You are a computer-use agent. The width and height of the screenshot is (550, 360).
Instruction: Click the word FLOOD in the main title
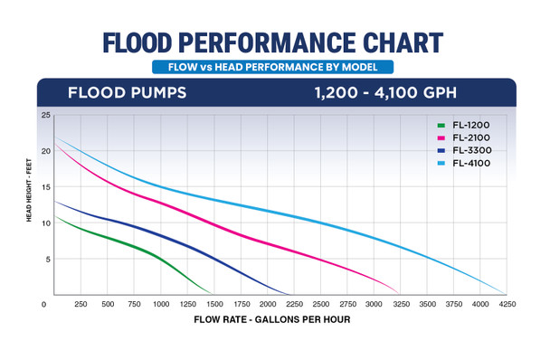tap(154, 43)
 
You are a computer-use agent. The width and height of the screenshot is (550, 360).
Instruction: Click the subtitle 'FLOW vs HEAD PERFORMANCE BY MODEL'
tap(273, 67)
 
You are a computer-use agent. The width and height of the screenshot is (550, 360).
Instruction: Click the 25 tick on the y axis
tap(46, 116)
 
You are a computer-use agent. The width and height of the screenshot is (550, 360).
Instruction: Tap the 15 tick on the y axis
tap(46, 187)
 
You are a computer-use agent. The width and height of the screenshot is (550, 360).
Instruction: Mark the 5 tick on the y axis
tap(46, 260)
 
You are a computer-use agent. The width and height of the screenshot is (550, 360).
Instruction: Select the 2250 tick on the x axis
tap(294, 304)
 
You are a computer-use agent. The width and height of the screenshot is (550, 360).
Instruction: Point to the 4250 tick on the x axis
tap(505, 304)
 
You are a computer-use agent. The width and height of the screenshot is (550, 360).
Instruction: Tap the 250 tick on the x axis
tap(81, 304)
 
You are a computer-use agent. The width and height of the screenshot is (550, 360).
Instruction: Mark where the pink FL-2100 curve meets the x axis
tap(398, 294)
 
